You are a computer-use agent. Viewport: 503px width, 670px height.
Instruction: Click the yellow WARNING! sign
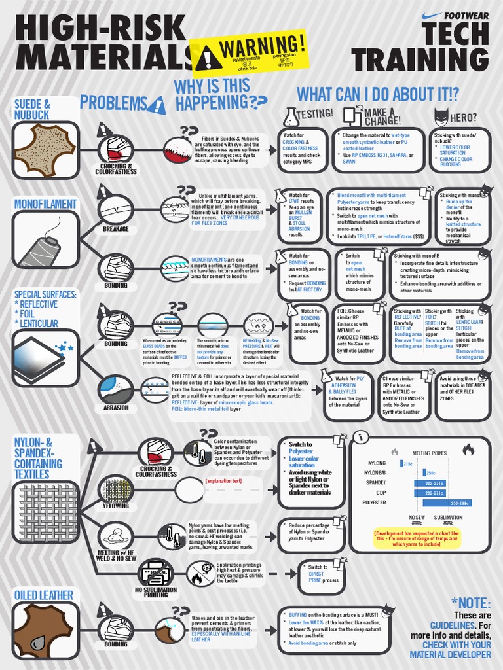(x=248, y=52)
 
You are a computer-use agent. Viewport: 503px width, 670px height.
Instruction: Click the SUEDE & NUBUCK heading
(x=33, y=109)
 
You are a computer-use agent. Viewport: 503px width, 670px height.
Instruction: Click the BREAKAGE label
(x=115, y=230)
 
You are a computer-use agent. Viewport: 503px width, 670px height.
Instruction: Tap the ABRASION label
(x=116, y=407)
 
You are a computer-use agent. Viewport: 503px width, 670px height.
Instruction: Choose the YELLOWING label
(x=116, y=506)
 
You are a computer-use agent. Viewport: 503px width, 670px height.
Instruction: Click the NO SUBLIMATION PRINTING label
(x=156, y=592)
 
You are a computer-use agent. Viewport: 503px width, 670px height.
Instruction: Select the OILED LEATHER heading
(x=44, y=594)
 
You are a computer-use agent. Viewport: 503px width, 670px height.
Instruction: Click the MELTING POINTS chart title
(x=429, y=452)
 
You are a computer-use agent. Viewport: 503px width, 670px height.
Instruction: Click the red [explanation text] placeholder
(x=223, y=481)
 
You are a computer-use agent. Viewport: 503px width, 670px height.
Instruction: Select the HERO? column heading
(x=463, y=117)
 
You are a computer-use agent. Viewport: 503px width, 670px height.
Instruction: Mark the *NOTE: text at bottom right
(x=470, y=602)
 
